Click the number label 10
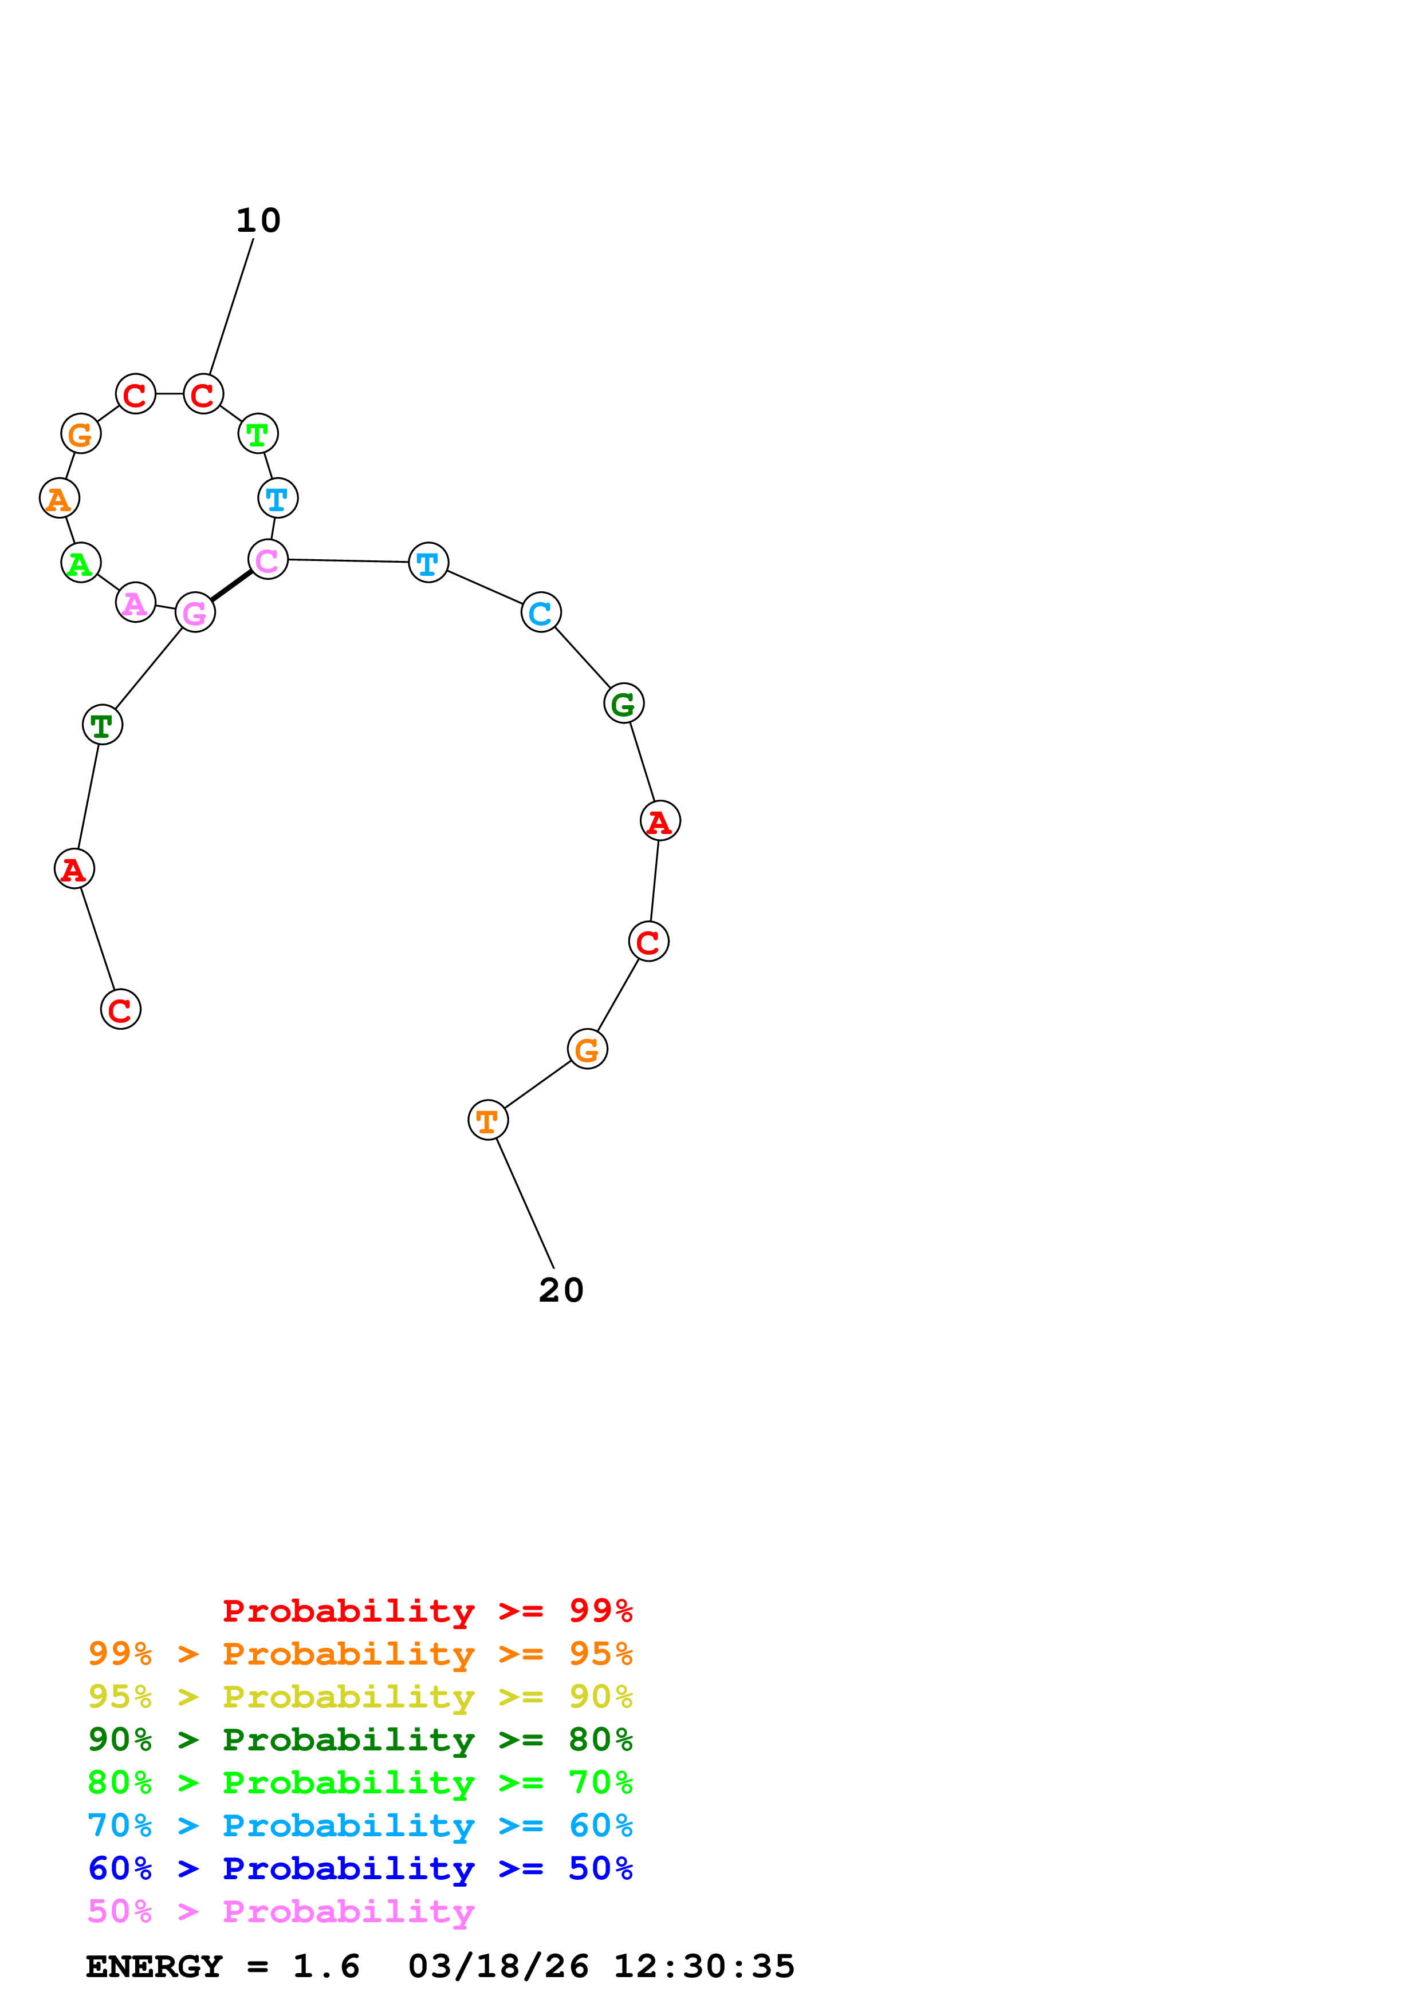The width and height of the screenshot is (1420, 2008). click(258, 220)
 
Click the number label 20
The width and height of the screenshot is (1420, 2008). click(561, 1290)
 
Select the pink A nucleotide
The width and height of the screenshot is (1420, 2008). click(136, 603)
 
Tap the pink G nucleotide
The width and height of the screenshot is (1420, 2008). click(195, 612)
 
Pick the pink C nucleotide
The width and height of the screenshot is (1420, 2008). click(268, 560)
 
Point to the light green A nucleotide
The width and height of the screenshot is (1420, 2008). click(81, 563)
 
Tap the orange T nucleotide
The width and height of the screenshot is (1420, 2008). click(487, 1120)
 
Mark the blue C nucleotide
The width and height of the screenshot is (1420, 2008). click(541, 612)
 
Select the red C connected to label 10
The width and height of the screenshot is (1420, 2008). click(203, 394)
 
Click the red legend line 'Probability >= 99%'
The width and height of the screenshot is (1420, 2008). click(427, 1611)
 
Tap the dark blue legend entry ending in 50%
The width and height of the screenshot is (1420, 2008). click(360, 1869)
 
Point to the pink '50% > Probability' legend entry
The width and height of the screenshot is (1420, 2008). click(281, 1912)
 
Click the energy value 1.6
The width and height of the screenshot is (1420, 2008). click(325, 1967)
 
